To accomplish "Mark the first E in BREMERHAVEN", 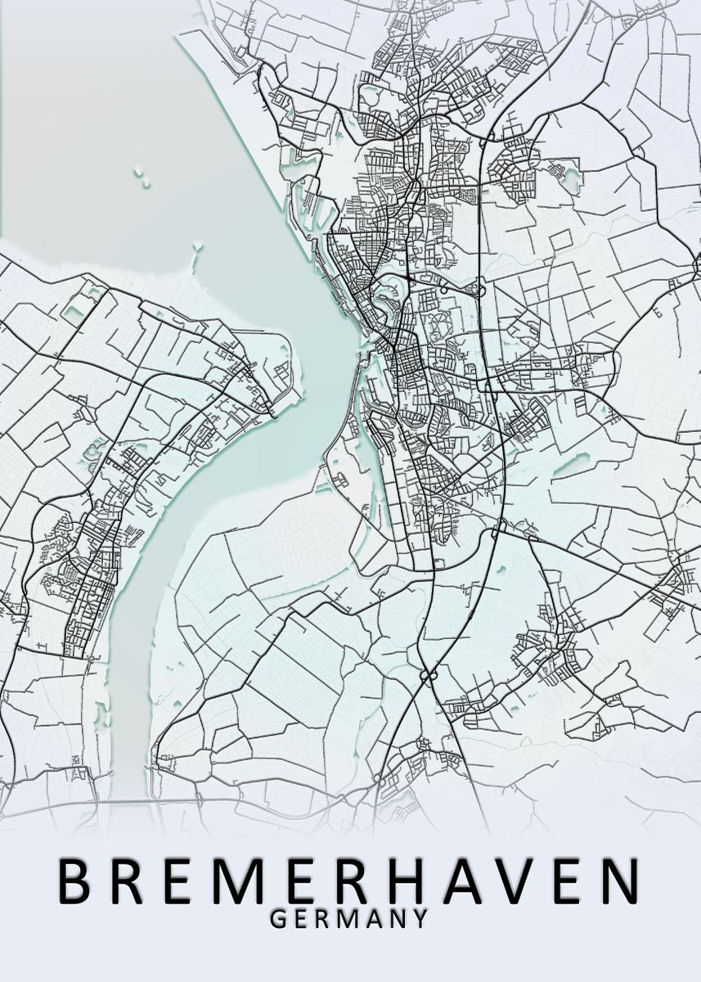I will coord(187,881).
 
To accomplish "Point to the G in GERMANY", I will coord(278,919).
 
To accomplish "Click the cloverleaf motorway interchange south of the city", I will coord(426,676).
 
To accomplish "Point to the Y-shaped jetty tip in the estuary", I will coord(197,245).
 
